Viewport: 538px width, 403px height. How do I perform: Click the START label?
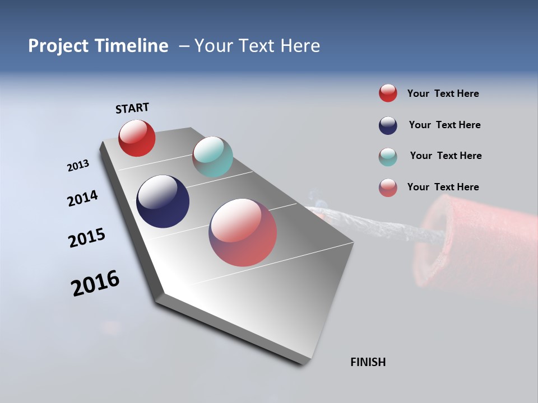pyautogui.click(x=132, y=108)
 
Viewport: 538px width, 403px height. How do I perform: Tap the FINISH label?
pyautogui.click(x=368, y=362)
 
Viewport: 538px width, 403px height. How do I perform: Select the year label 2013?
pyautogui.click(x=78, y=166)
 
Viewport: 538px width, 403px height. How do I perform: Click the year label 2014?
pyautogui.click(x=82, y=199)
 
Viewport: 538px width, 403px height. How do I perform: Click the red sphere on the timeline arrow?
pyautogui.click(x=137, y=138)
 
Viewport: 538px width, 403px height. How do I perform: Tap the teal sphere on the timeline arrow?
pyautogui.click(x=212, y=157)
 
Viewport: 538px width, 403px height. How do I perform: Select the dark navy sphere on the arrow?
pyautogui.click(x=163, y=201)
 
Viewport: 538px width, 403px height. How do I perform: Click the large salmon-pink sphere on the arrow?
pyautogui.click(x=243, y=232)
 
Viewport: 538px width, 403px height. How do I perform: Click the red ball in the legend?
pyautogui.click(x=388, y=93)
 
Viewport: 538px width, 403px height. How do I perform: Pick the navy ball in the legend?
pyautogui.click(x=388, y=125)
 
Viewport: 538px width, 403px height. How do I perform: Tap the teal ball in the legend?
pyautogui.click(x=388, y=157)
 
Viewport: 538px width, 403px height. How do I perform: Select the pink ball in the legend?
pyautogui.click(x=388, y=188)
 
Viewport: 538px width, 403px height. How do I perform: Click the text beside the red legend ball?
pyautogui.click(x=443, y=94)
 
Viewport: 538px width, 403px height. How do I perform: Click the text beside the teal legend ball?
pyautogui.click(x=446, y=156)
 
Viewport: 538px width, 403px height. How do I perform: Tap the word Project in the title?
pyautogui.click(x=58, y=46)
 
